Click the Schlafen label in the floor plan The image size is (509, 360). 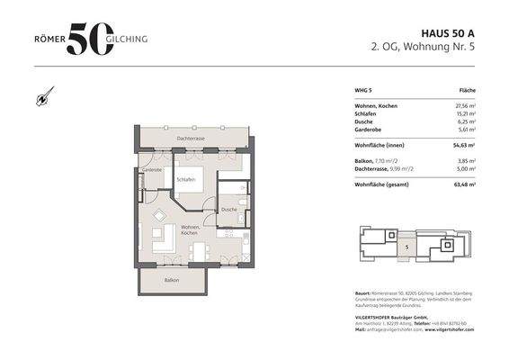click(x=186, y=179)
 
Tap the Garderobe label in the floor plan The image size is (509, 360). click(x=152, y=169)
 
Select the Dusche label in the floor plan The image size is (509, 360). click(x=229, y=209)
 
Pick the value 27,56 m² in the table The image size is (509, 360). click(x=461, y=106)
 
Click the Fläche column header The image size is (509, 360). click(x=467, y=91)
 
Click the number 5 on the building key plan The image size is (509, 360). click(x=406, y=245)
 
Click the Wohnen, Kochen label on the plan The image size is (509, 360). click(x=191, y=229)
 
